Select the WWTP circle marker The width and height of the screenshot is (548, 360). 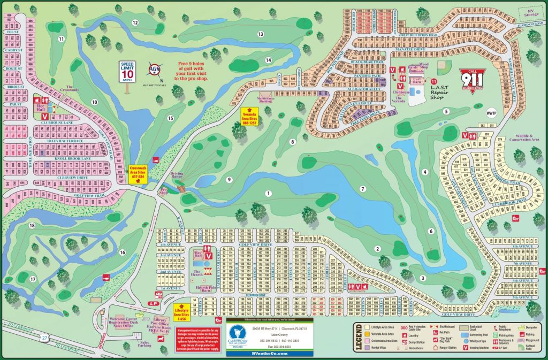click(x=492, y=113)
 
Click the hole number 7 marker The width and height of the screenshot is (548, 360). click(x=362, y=189)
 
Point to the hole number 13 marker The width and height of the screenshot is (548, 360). click(x=261, y=34)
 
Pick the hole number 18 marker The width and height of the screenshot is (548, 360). click(x=32, y=226)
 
